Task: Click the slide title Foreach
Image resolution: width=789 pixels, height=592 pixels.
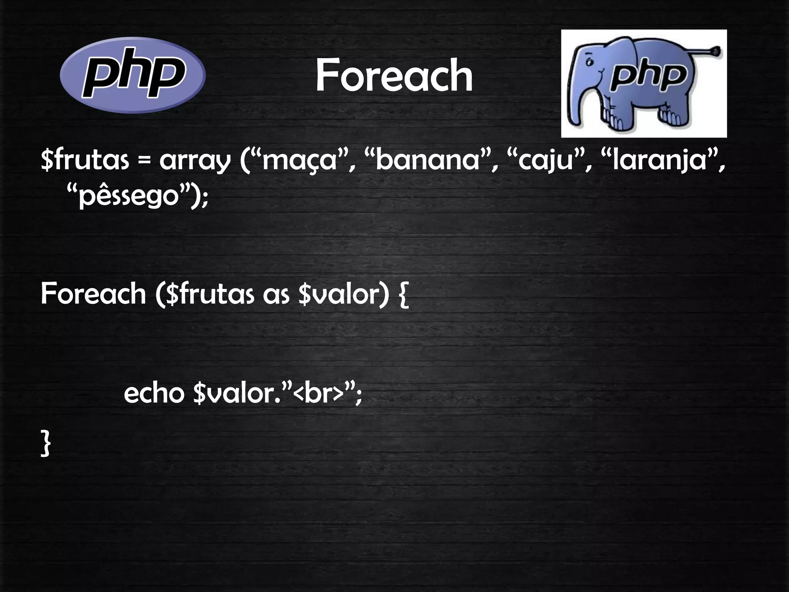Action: tap(394, 76)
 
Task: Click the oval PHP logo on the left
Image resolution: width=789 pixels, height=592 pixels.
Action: tap(133, 75)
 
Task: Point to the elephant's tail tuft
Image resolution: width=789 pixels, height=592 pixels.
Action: tap(716, 51)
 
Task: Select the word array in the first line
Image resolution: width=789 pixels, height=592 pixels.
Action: tap(194, 161)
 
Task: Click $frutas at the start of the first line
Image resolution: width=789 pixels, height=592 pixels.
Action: tap(85, 161)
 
